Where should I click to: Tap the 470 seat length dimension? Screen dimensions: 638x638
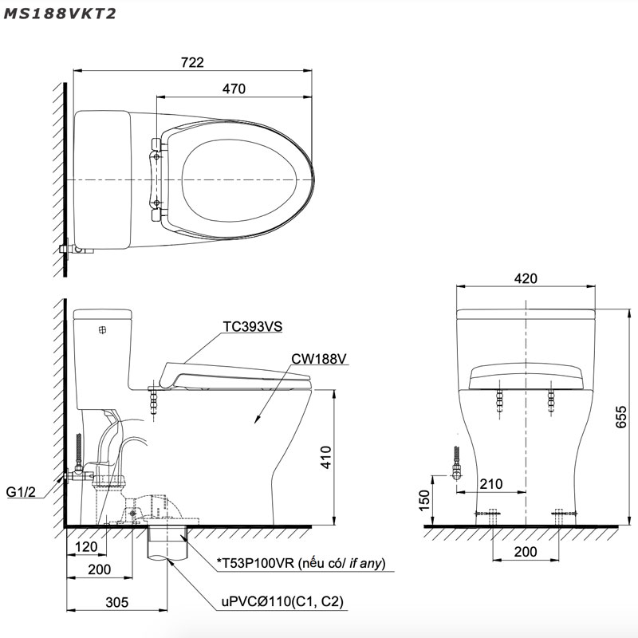pyautogui.click(x=234, y=89)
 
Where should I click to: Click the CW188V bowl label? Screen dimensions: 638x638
pyautogui.click(x=318, y=359)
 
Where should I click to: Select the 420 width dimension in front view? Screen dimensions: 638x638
pyautogui.click(x=526, y=279)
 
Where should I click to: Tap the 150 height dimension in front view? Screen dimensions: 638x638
pyautogui.click(x=424, y=498)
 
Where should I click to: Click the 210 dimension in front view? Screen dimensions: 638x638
pyautogui.click(x=490, y=483)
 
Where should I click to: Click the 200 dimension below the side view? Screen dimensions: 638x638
pyautogui.click(x=99, y=569)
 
